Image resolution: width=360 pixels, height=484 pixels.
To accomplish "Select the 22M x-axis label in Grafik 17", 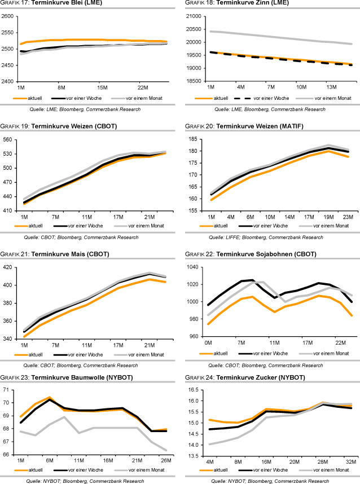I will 142,87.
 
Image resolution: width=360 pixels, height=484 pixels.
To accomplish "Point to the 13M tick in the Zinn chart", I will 331,87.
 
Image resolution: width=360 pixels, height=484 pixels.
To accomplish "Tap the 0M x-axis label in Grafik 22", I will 209,342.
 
